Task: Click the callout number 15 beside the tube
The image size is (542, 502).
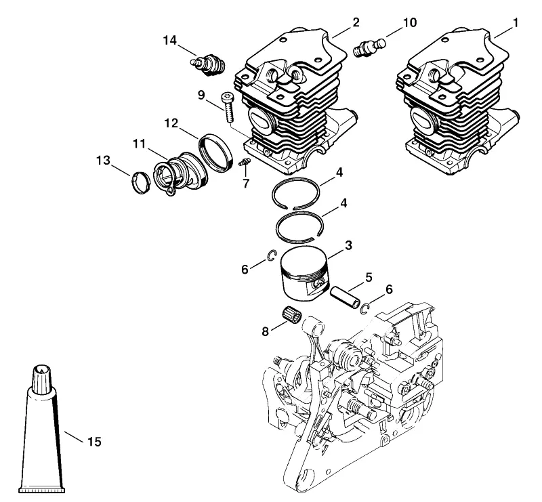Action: click(x=94, y=442)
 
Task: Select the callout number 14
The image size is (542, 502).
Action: click(x=170, y=41)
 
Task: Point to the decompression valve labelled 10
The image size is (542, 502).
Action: click(x=369, y=47)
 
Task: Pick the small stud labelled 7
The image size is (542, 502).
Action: click(x=245, y=162)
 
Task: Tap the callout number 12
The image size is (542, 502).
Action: click(x=171, y=123)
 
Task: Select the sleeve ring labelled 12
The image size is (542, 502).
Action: click(x=215, y=153)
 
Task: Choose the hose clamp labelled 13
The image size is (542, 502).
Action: click(x=141, y=182)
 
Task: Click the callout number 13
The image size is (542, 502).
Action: click(x=103, y=160)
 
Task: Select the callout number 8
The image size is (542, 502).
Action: click(x=265, y=332)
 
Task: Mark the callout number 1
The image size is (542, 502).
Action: click(x=516, y=23)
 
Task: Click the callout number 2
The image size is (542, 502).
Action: click(x=356, y=22)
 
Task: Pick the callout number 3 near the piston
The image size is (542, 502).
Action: click(x=348, y=245)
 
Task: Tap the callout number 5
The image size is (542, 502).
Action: click(x=369, y=277)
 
